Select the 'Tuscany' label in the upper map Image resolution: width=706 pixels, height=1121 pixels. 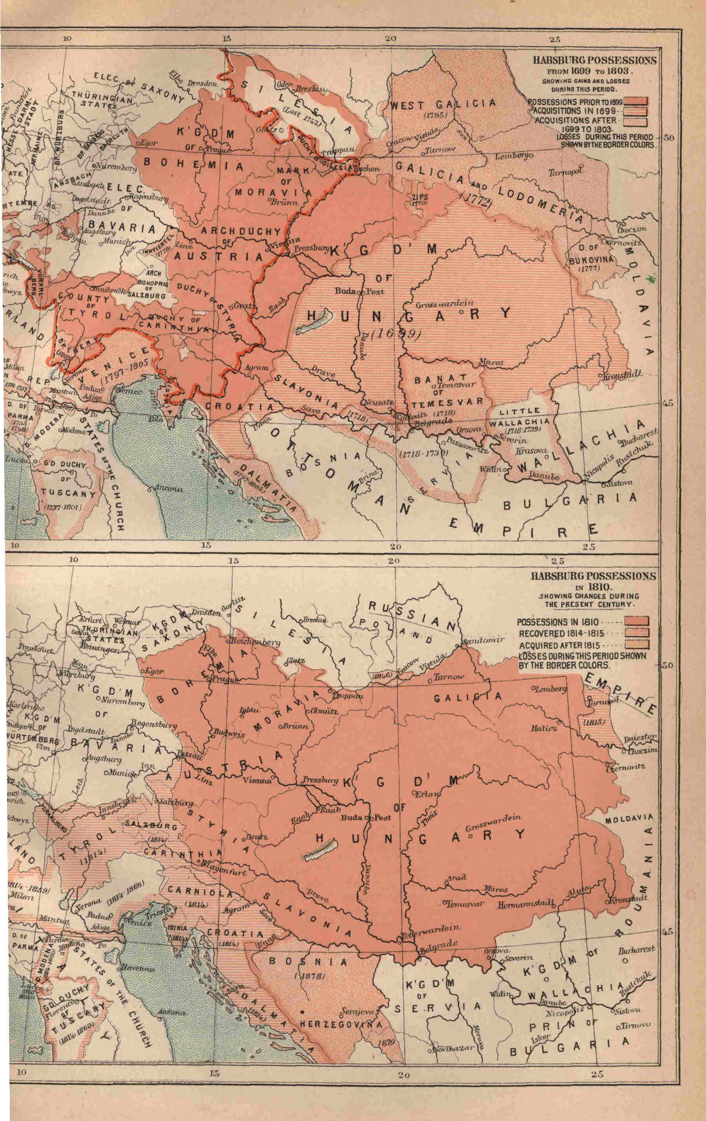68,492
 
